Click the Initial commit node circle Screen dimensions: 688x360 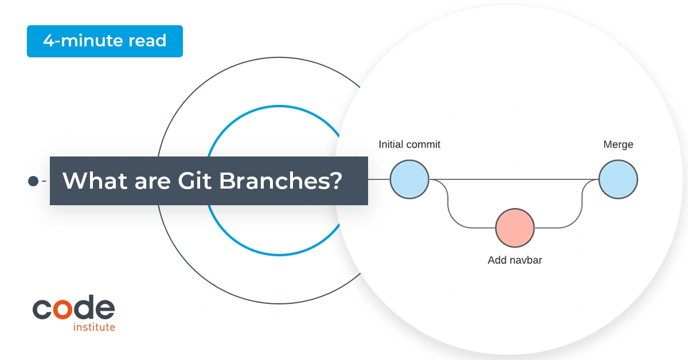tap(409, 179)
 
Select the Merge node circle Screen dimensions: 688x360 tap(618, 179)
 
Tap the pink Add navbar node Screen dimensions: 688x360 tap(515, 228)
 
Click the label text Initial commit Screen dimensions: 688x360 tap(409, 144)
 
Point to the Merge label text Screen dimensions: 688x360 tap(618, 144)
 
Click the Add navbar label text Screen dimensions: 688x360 tap(515, 260)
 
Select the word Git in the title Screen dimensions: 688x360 tap(194, 181)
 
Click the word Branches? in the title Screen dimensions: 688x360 tap(280, 181)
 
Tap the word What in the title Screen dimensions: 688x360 tap(95, 181)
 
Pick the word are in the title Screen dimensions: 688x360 tap(153, 183)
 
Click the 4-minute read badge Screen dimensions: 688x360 tap(105, 41)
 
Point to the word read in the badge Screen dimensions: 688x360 tap(147, 41)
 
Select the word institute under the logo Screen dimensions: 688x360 tap(94, 327)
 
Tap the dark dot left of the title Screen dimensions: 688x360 tap(33, 181)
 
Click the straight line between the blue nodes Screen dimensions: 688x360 tap(514, 179)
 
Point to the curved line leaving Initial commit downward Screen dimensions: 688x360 tap(448, 203)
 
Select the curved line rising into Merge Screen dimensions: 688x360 tap(582, 203)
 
